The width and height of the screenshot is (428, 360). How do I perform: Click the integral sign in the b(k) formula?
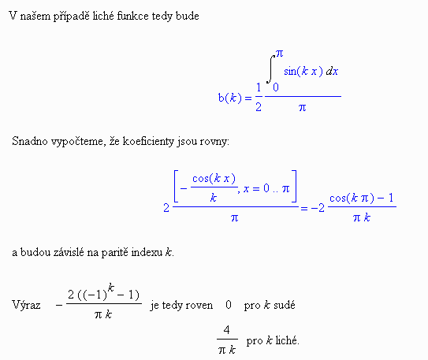tap(270, 69)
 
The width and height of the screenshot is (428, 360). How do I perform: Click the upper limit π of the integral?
tap(279, 54)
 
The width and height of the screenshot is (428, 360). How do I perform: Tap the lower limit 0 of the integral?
tap(276, 87)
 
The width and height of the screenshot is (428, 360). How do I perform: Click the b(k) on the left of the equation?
tap(230, 98)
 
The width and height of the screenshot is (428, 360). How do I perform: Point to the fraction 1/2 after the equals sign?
tap(259, 97)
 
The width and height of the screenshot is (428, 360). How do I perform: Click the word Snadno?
tap(30, 141)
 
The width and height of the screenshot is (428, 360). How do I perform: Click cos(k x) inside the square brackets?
tap(214, 179)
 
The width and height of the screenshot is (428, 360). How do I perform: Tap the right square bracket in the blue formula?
tap(294, 186)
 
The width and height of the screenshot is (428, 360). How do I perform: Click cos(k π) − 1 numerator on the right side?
tap(362, 198)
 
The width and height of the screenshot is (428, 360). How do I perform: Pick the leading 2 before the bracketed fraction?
tap(166, 209)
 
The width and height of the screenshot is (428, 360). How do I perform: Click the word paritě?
tap(114, 253)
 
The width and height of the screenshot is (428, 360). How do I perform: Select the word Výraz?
tap(26, 305)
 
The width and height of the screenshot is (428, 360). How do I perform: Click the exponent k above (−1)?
tap(111, 288)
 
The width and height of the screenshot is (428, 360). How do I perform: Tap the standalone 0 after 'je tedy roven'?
tap(229, 305)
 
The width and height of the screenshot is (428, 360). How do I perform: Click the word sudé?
tap(284, 305)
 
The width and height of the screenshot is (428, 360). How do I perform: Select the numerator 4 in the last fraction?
tap(226, 330)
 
